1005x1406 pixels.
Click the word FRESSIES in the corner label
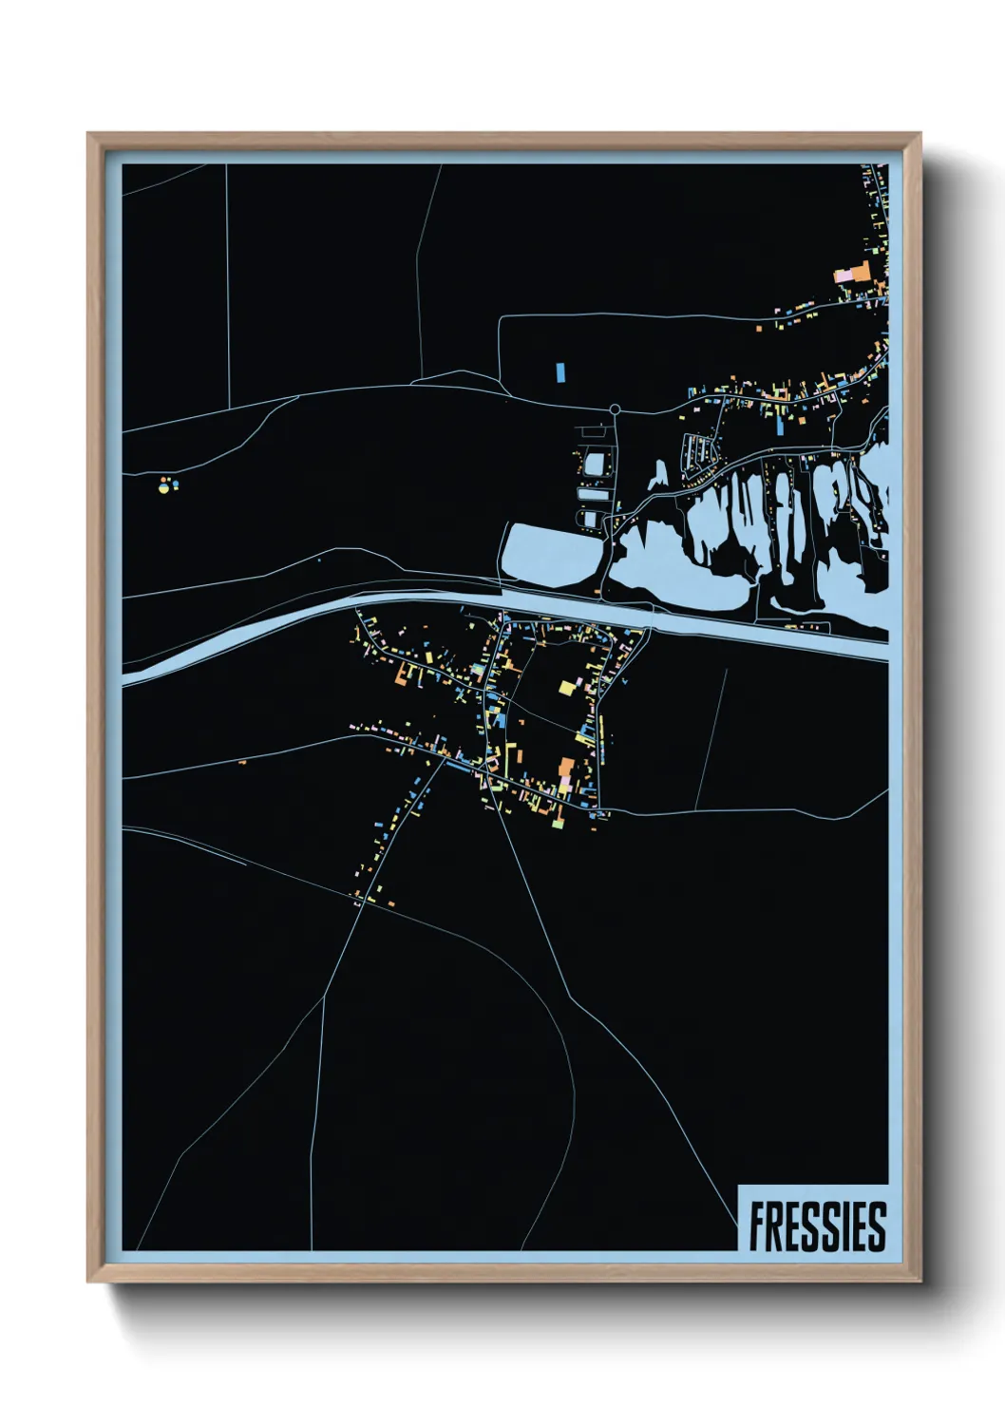[816, 1226]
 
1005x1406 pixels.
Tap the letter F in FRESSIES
[758, 1226]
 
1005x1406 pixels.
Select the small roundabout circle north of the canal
[615, 409]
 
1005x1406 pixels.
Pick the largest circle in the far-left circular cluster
[163, 489]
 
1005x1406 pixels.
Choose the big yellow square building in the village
[567, 688]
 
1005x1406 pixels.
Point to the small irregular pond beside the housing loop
[658, 475]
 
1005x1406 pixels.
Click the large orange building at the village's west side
[403, 677]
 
